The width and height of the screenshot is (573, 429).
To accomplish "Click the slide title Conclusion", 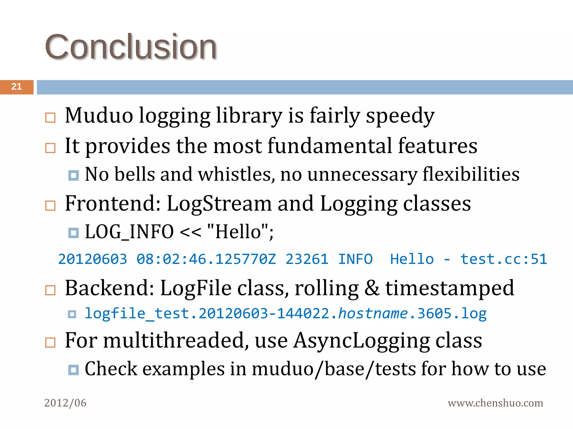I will coord(131,47).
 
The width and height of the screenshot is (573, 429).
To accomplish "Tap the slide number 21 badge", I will coord(17,87).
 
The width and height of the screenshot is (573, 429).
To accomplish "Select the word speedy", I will coord(400,116).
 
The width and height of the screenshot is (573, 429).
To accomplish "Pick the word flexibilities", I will coord(471,174).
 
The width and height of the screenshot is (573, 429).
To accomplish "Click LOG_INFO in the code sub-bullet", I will coord(129,232).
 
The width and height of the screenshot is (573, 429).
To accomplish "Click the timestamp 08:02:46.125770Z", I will coord(206,259).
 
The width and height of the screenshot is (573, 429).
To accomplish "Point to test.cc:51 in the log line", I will coord(503,259).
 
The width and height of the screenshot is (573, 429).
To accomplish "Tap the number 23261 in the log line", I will coord(307,259).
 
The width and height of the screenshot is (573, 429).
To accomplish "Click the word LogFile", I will coord(196,288).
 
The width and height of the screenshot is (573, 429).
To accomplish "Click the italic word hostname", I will coord(373,313).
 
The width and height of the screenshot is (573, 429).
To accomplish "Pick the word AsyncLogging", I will coord(361,340).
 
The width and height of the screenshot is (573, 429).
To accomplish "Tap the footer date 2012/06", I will coord(65,403).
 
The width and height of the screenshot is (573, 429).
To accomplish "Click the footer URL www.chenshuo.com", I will coord(495,403).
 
